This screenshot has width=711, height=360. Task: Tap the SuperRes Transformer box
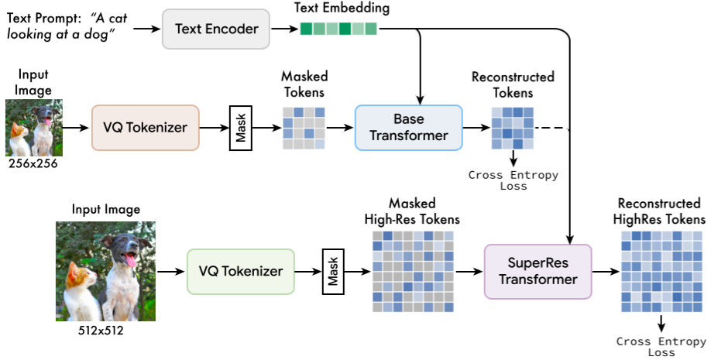[538, 271]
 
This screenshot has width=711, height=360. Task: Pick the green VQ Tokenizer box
[240, 271]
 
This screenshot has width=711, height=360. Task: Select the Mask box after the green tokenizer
[333, 271]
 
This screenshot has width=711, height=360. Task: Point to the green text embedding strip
[338, 29]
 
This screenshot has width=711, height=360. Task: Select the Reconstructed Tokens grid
[512, 126]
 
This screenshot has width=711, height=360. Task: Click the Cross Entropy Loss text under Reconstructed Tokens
[513, 180]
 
